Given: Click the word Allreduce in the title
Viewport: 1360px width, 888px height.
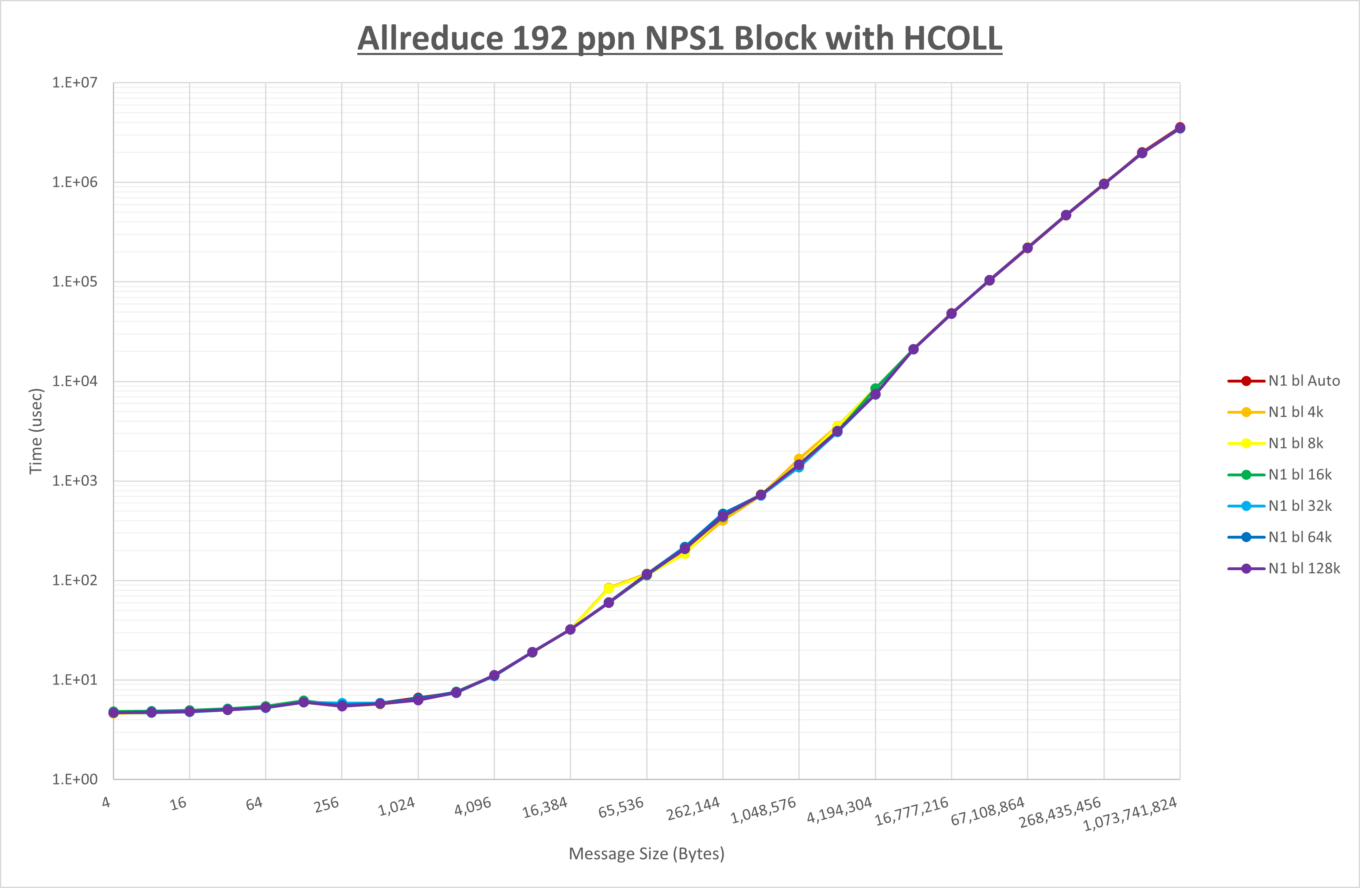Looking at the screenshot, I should (x=430, y=38).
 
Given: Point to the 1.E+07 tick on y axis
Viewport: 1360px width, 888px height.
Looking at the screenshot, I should (x=75, y=83).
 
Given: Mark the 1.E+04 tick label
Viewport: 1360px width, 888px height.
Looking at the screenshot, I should (x=75, y=381).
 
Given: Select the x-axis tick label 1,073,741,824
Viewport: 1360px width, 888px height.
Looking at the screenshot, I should (x=1130, y=814).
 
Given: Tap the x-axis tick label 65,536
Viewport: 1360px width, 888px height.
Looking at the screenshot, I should (x=621, y=807).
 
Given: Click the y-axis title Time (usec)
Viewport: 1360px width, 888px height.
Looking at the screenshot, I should (x=36, y=431).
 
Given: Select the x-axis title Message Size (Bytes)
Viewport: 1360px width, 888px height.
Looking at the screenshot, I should (x=646, y=854).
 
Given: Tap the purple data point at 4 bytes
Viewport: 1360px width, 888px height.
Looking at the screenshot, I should (x=114, y=713).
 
